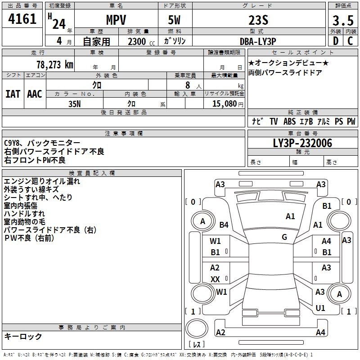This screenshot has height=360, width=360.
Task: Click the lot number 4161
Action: click(x=22, y=19)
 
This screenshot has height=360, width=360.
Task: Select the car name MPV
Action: click(x=116, y=20)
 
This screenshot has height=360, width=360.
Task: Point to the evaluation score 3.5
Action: click(x=343, y=20)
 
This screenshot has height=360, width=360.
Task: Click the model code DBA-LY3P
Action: click(x=258, y=41)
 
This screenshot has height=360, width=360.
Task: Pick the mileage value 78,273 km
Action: click(x=54, y=64)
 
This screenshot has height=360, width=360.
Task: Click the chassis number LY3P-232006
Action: click(x=302, y=144)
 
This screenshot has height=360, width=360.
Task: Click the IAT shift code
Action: click(x=13, y=94)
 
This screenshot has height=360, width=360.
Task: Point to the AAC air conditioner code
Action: click(x=35, y=94)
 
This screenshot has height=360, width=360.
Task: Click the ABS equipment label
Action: click(x=290, y=121)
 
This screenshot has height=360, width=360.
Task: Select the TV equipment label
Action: click(x=274, y=121)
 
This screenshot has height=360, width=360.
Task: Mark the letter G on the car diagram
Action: click(x=284, y=237)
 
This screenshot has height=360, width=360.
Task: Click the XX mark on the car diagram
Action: click(x=215, y=279)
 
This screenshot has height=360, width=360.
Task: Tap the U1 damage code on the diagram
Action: click(x=320, y=308)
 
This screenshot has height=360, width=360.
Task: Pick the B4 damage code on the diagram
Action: click(x=224, y=225)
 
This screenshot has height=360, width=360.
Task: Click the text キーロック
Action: click(x=23, y=336)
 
